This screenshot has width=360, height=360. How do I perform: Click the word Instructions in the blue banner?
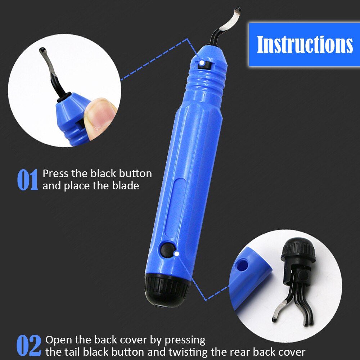click(x=305, y=45)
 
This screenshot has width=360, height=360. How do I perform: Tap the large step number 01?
click(x=27, y=180)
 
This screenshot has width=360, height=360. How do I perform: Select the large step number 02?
click(x=29, y=346)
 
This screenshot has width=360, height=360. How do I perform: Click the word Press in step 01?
click(x=55, y=174)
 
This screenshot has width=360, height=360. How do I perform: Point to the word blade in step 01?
click(x=126, y=186)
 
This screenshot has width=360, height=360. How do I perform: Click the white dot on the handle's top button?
click(x=202, y=63)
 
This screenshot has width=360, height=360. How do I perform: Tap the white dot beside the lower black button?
click(x=176, y=254)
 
